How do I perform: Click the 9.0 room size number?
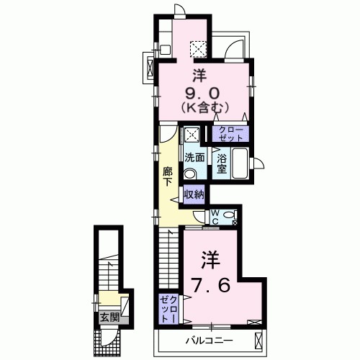(202, 93)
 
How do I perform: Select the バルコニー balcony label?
(210, 341)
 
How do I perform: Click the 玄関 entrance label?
(109, 318)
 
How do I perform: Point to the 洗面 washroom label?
(194, 158)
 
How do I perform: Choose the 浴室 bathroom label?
(221, 163)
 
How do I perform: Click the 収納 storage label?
(194, 194)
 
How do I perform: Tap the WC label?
(215, 217)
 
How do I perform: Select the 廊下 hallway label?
(167, 176)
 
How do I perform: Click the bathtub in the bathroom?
(240, 163)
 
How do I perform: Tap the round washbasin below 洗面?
(190, 174)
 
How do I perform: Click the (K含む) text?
(204, 108)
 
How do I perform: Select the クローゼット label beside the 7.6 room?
(168, 309)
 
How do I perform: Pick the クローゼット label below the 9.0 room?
(231, 134)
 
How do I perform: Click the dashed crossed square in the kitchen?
(198, 49)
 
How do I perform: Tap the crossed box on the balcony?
(258, 341)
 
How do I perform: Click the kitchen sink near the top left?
(165, 50)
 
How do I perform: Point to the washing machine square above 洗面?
(192, 135)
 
